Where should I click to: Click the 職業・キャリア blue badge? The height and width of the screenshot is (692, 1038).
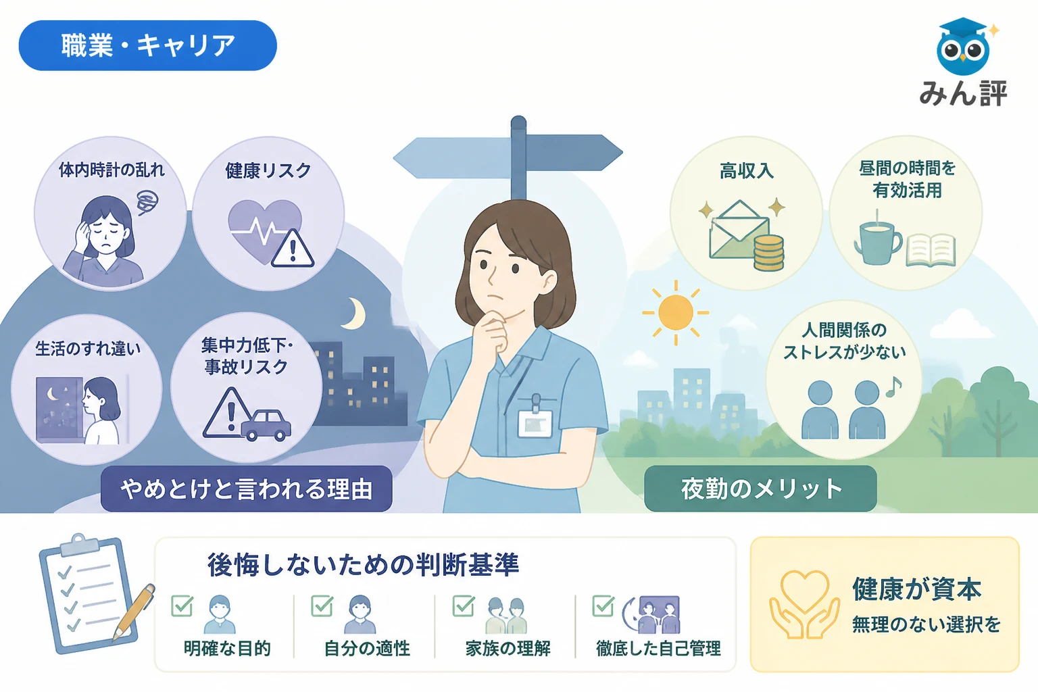(147, 45)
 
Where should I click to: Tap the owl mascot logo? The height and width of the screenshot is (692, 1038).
(964, 47)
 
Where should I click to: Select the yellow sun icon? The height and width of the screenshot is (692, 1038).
(676, 312)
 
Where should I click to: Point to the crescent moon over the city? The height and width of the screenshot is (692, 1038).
(356, 314)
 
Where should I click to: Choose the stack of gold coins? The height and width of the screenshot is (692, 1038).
(768, 253)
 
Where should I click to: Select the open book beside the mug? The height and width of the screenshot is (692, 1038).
(931, 250)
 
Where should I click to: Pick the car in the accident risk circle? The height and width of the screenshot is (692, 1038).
(266, 424)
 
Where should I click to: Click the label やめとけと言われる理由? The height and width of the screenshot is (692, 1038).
(247, 489)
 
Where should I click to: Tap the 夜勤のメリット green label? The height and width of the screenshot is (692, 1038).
(760, 489)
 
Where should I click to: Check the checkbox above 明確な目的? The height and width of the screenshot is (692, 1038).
(182, 605)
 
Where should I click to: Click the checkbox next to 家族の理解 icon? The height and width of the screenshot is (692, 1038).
(464, 605)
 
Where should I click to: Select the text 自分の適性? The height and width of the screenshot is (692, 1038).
(367, 648)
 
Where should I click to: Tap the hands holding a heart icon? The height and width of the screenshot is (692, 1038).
(804, 604)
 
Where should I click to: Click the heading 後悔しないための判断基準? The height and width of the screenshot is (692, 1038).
(364, 564)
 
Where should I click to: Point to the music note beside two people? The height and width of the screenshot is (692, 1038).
(894, 387)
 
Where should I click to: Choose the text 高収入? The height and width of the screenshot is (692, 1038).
(747, 171)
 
